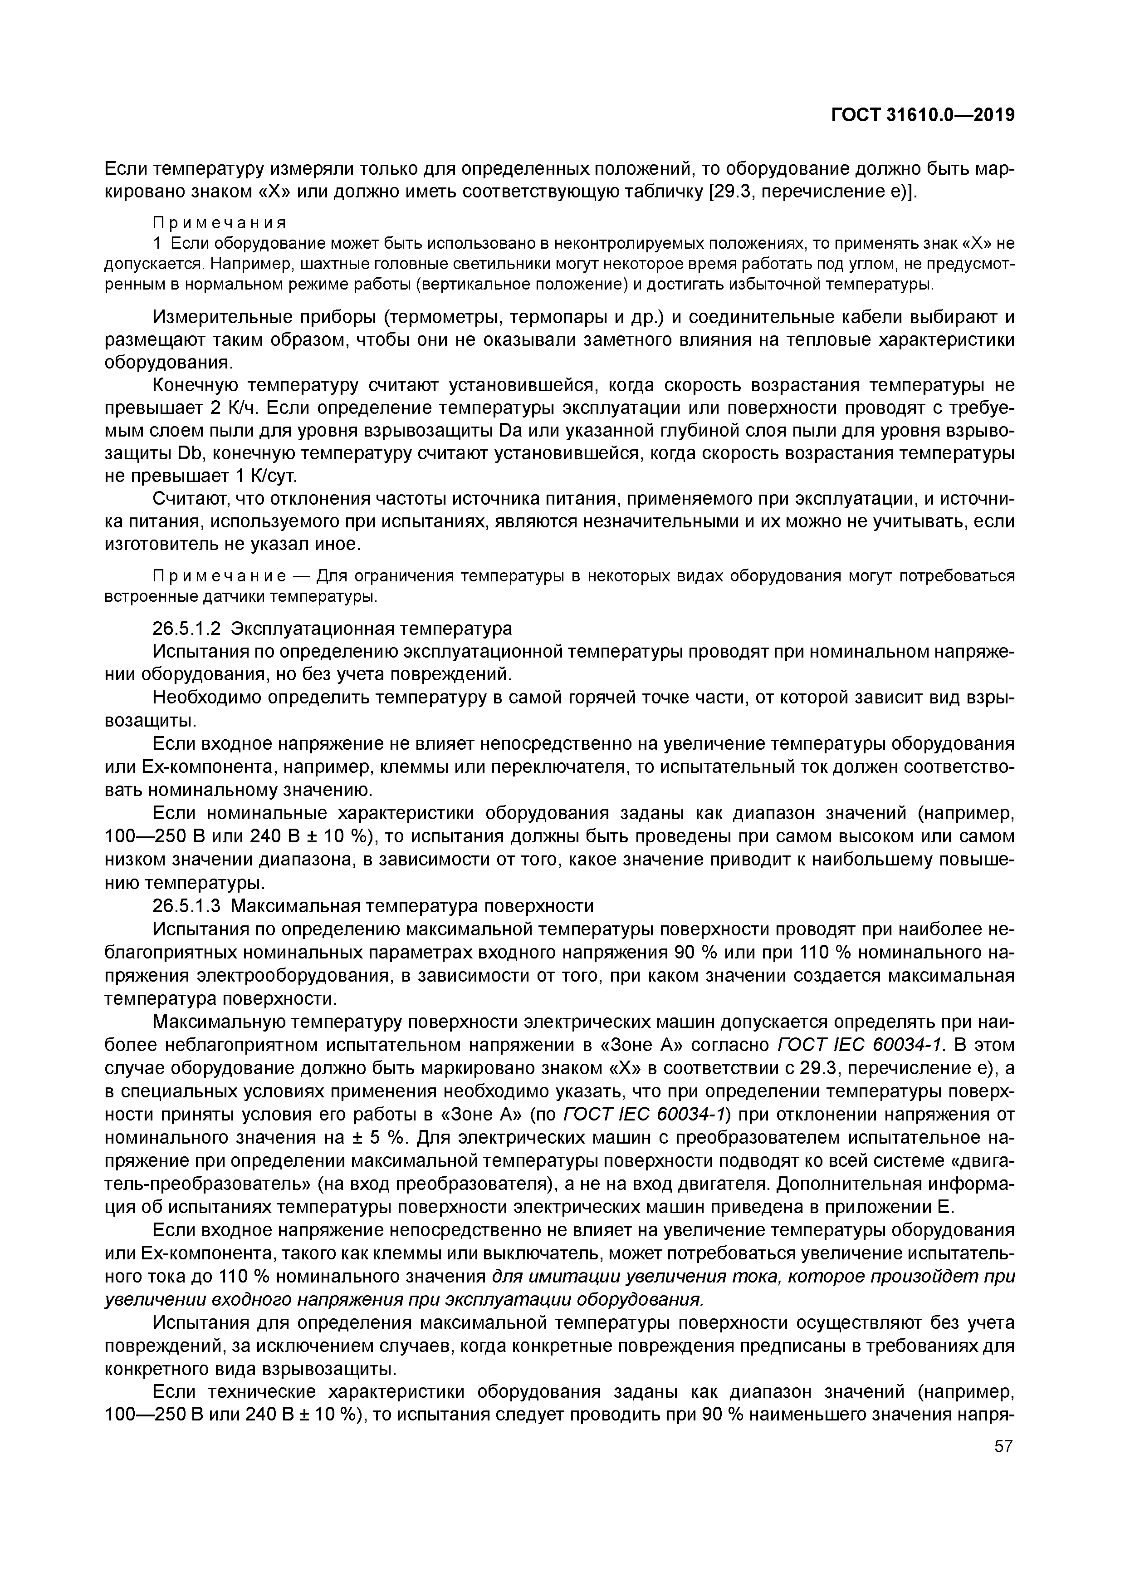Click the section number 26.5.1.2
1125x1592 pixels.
pos(186,629)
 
